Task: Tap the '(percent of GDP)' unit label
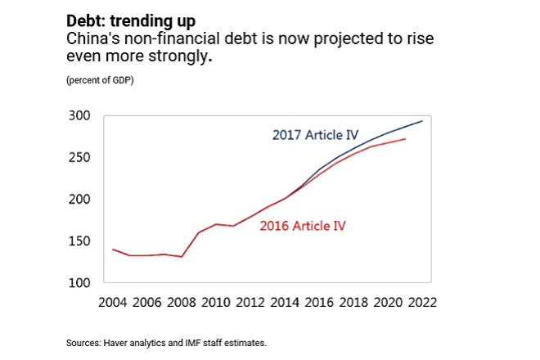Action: [101, 80]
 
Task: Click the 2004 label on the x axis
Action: [112, 301]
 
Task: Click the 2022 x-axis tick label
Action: [422, 301]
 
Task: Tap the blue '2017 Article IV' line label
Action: [314, 135]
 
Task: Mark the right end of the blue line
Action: [423, 121]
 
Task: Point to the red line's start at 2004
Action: [112, 249]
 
